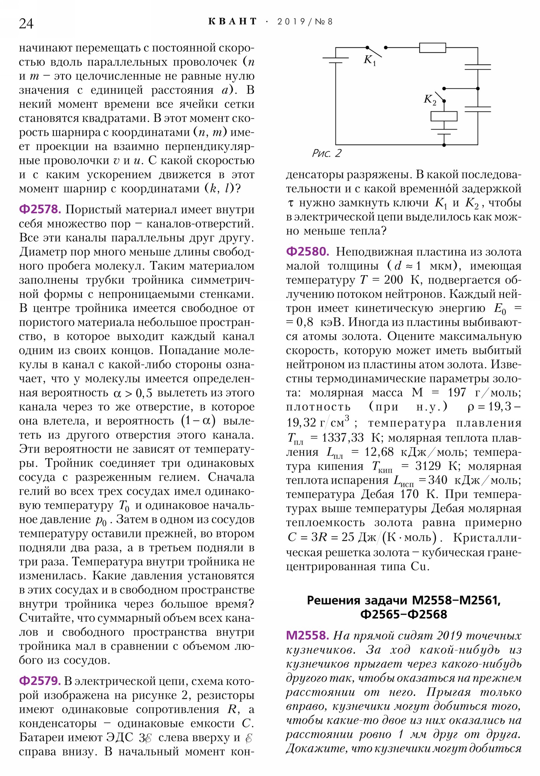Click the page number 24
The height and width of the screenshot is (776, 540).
(x=26, y=23)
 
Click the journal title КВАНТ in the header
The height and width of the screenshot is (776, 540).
(x=232, y=22)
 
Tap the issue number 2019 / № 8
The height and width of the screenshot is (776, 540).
(x=305, y=22)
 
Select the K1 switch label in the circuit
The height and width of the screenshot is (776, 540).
(x=369, y=60)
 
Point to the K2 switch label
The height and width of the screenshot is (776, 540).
(x=430, y=100)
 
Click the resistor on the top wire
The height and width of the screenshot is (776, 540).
(x=432, y=48)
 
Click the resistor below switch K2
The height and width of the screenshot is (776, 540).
(x=443, y=116)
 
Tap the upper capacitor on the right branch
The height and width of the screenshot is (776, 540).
(x=478, y=67)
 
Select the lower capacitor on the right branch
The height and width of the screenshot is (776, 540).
(x=478, y=109)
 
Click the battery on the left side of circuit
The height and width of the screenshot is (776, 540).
(x=335, y=60)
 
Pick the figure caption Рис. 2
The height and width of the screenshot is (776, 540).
(x=326, y=154)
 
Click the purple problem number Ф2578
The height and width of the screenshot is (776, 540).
(x=40, y=210)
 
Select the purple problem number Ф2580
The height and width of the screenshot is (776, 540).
(x=307, y=252)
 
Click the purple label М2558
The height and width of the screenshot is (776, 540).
(x=307, y=636)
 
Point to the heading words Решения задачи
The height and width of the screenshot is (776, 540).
(x=357, y=600)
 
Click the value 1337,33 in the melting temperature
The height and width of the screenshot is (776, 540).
(x=342, y=438)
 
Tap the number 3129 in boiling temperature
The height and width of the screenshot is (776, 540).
(x=428, y=466)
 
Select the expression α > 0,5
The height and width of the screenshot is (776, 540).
(x=133, y=393)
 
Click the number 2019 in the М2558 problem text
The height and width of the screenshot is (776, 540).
(x=449, y=636)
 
